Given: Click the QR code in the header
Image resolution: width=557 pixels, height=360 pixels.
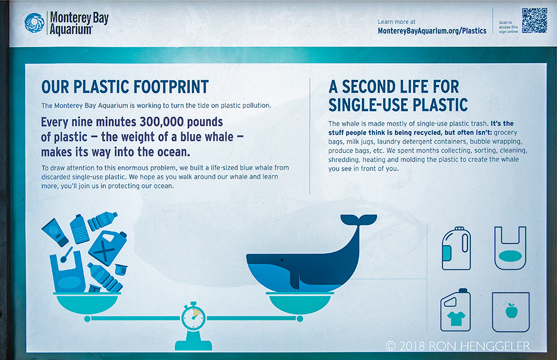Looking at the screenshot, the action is coord(534,21).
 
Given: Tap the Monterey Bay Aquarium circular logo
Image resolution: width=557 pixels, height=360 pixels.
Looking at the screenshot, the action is coord(34,23).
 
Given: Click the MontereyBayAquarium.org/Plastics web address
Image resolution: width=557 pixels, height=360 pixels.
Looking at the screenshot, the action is coord(432,31).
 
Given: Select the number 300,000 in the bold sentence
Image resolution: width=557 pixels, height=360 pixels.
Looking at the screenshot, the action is coord(162,122).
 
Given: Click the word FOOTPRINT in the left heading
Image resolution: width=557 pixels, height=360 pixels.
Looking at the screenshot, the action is coord(171,87).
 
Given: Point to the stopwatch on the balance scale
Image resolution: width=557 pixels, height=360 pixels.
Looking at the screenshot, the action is coord(193,316).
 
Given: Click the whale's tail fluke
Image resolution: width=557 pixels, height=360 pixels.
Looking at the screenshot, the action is coord(358,220).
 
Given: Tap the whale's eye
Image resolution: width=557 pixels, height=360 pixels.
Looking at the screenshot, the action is coord(282,260).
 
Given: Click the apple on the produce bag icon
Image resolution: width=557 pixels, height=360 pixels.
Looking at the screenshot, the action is coord(511,311).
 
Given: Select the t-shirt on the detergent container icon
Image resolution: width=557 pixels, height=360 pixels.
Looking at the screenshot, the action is coord(456,318).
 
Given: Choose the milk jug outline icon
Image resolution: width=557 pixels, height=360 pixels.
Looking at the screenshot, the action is coord(457,248).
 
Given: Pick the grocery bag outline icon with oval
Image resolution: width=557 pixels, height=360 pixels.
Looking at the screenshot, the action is coord(510,248).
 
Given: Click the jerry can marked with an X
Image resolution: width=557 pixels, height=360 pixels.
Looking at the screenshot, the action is coord(107,248).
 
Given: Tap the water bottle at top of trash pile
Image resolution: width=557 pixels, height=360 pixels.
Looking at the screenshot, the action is coord(103,221).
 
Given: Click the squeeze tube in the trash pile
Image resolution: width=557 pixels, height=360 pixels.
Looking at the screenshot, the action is coord(55,232).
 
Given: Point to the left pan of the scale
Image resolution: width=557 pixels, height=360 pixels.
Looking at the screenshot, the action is coord(87,303).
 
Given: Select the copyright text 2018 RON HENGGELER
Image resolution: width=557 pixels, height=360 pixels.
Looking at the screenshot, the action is coord(458,346).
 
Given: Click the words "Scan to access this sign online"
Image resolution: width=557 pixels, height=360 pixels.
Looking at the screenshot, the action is coord(508,27).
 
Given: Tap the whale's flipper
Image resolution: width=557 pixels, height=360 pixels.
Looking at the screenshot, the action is coord(295,280).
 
